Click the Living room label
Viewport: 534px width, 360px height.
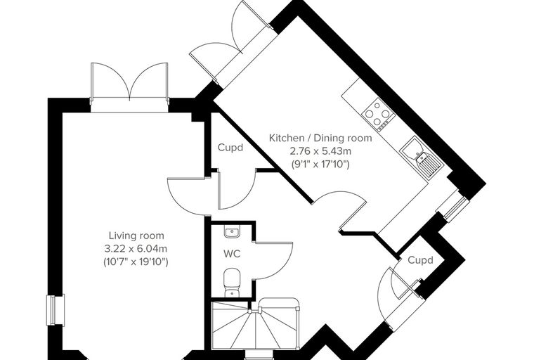[x=136, y=236]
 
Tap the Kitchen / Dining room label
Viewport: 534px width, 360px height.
[x=320, y=138]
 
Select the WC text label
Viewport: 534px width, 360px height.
[x=232, y=254]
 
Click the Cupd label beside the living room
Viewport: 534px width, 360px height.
[x=230, y=148]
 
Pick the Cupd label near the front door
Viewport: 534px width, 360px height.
[x=421, y=260]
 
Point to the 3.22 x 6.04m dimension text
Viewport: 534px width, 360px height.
[x=136, y=248]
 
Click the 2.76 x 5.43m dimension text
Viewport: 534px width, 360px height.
[x=320, y=151]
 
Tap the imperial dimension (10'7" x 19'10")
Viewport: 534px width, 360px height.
[x=136, y=262]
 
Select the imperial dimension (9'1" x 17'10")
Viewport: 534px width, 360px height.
[x=320, y=165]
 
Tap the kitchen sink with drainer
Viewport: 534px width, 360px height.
[x=422, y=157]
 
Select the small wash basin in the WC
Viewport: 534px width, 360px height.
[x=232, y=232]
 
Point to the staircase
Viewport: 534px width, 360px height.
[x=256, y=324]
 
